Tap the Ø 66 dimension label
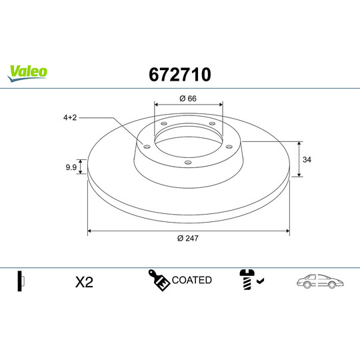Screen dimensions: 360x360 pos(188,99)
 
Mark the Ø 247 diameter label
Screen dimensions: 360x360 pos(189,238)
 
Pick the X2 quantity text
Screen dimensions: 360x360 pos(83,282)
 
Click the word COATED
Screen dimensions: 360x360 pos(192,280)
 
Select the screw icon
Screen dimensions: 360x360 pos(246,281)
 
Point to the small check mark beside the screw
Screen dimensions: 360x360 pos(260,282)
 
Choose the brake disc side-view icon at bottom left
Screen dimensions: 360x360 pos(21,281)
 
